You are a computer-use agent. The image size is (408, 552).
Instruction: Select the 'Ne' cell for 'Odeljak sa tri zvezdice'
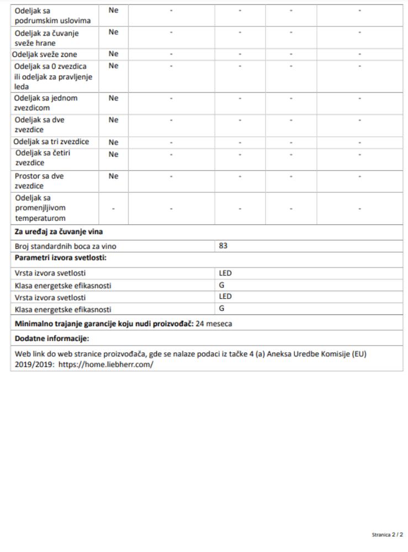coord(113,142)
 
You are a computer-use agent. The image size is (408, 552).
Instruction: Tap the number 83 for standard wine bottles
coord(223,246)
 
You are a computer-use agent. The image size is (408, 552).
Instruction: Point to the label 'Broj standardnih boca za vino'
coord(65,247)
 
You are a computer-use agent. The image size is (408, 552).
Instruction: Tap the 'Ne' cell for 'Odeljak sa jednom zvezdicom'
coord(113,98)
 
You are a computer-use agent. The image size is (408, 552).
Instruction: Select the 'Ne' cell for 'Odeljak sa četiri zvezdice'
coord(113,154)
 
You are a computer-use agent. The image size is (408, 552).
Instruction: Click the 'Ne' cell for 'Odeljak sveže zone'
coord(113,54)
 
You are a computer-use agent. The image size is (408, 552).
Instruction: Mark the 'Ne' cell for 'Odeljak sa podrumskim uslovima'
coord(113,10)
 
